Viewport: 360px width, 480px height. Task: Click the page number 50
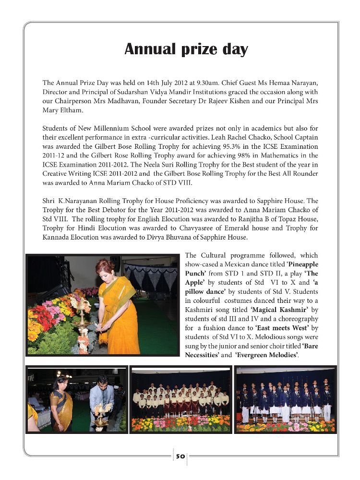point(180,456)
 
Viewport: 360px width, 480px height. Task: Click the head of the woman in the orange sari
point(105,268)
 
